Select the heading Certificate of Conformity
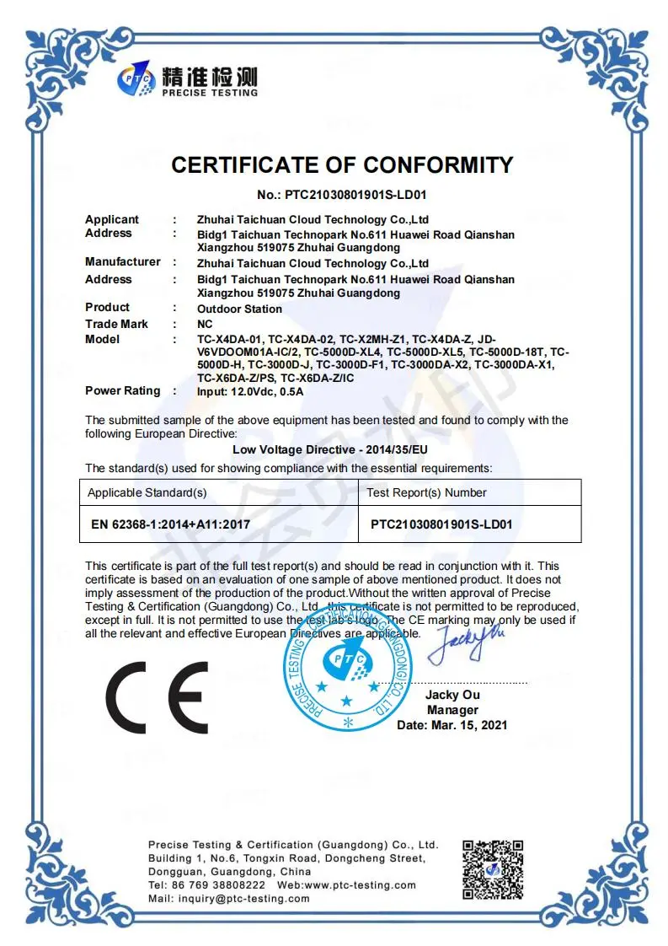pyautogui.click(x=342, y=165)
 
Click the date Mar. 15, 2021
pyautogui.click(x=452, y=725)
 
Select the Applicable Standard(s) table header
pyautogui.click(x=147, y=492)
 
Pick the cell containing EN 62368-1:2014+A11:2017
pyautogui.click(x=171, y=524)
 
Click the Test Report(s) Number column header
pyautogui.click(x=426, y=492)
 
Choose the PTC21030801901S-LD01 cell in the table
pyautogui.click(x=441, y=524)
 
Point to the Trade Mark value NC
pyautogui.click(x=205, y=325)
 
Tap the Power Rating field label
pyautogui.click(x=122, y=390)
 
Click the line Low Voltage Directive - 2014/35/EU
pyautogui.click(x=330, y=450)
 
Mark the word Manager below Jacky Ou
pyautogui.click(x=452, y=710)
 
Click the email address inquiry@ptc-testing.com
pyautogui.click(x=240, y=899)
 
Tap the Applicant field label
pyautogui.click(x=112, y=219)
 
